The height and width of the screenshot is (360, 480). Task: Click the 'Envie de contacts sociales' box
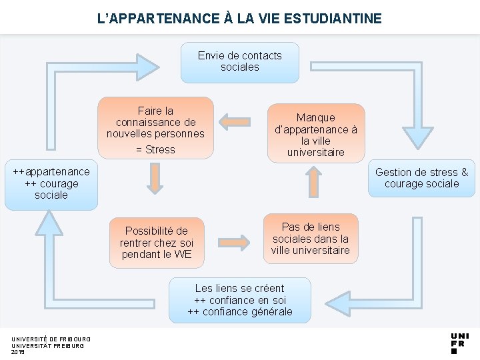coord(240,62)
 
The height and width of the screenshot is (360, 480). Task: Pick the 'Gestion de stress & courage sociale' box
coord(421,178)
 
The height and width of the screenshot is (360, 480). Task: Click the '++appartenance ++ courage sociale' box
coord(51,184)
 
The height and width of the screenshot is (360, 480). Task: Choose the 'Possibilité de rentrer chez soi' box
coord(156,243)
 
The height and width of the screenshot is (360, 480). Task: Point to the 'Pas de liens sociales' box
coord(311,239)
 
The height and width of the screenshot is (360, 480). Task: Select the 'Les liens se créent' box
coord(240,300)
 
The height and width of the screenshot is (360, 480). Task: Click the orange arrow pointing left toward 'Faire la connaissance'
coord(234,122)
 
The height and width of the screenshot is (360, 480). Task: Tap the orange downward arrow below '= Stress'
coord(155,179)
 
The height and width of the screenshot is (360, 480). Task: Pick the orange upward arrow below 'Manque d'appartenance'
coord(312,181)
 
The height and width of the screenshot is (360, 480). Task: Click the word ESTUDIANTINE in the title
coord(333,18)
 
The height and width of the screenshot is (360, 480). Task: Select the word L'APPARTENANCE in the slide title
coord(158,18)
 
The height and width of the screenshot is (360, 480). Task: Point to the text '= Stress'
coord(155,149)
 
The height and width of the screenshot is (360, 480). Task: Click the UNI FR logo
coord(459,342)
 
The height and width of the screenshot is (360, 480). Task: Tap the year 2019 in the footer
coord(18,352)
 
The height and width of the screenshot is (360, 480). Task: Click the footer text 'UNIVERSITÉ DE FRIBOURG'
coord(51,339)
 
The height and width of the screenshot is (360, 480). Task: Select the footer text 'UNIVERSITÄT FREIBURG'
coord(47,346)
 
